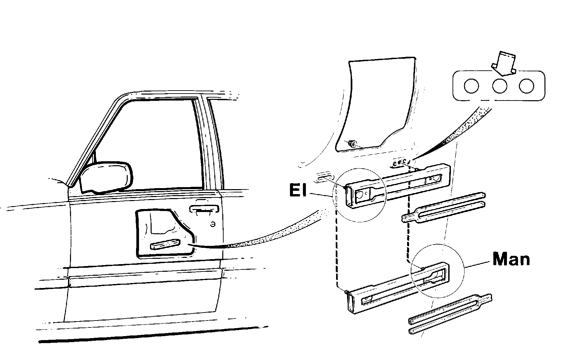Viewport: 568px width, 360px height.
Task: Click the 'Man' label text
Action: click(x=511, y=259)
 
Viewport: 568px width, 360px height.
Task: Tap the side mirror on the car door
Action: click(x=106, y=178)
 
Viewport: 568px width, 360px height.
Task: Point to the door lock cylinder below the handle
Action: click(x=213, y=224)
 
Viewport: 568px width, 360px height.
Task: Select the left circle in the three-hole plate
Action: click(x=471, y=86)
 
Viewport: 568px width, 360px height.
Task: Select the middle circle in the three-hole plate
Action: click(x=500, y=86)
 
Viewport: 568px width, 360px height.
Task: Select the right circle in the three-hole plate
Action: click(x=527, y=86)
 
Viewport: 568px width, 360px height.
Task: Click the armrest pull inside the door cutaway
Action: click(x=165, y=244)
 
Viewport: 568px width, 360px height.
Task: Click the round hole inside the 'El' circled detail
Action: click(x=360, y=195)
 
